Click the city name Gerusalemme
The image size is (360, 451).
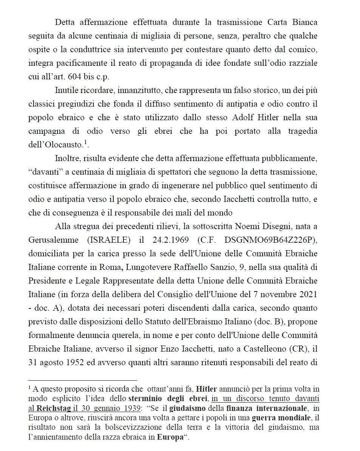click(53, 240)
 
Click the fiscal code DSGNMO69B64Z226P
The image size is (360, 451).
click(270, 240)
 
